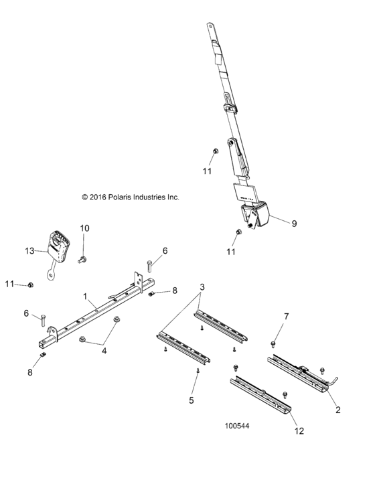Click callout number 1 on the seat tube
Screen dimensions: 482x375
click(x=85, y=296)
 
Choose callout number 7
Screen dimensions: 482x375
click(x=286, y=316)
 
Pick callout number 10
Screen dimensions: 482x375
click(x=84, y=228)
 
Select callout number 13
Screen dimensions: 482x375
click(x=29, y=250)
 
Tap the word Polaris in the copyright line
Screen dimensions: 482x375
click(x=125, y=197)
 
